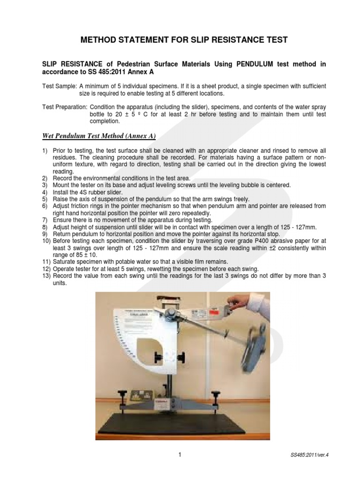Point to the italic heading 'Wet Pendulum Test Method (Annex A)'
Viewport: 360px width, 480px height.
[x=96, y=136]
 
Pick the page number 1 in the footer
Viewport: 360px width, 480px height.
[x=180, y=454]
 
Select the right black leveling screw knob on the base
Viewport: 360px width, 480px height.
[x=216, y=394]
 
